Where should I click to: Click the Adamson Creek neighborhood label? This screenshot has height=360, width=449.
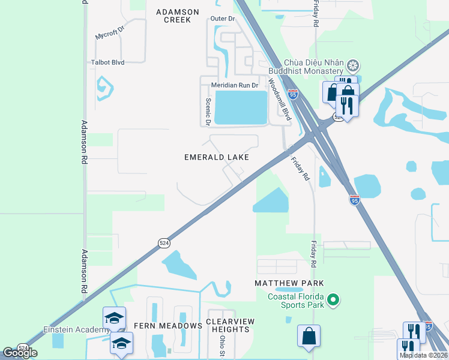173,16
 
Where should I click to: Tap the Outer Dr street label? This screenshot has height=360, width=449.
222,19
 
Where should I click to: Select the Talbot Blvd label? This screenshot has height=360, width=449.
108,62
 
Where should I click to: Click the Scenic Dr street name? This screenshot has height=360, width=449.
208,112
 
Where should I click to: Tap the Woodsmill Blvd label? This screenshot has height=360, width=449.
279,100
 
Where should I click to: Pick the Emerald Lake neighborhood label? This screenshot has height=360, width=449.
216,157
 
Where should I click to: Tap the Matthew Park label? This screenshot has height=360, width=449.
289,283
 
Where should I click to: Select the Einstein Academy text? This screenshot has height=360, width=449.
71,330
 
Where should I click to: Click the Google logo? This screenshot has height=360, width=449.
20,353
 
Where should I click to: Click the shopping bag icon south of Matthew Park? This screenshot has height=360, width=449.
309,337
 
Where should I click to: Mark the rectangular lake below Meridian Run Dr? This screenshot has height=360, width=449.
241,107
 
